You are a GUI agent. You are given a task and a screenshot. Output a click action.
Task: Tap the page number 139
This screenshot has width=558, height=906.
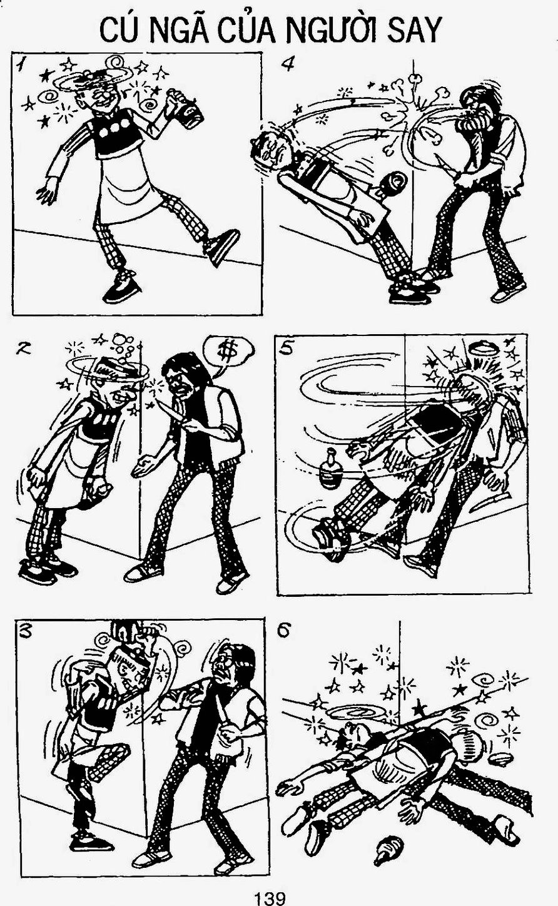pos(270,897)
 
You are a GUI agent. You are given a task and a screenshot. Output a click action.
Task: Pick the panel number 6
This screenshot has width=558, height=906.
pos(285,630)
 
